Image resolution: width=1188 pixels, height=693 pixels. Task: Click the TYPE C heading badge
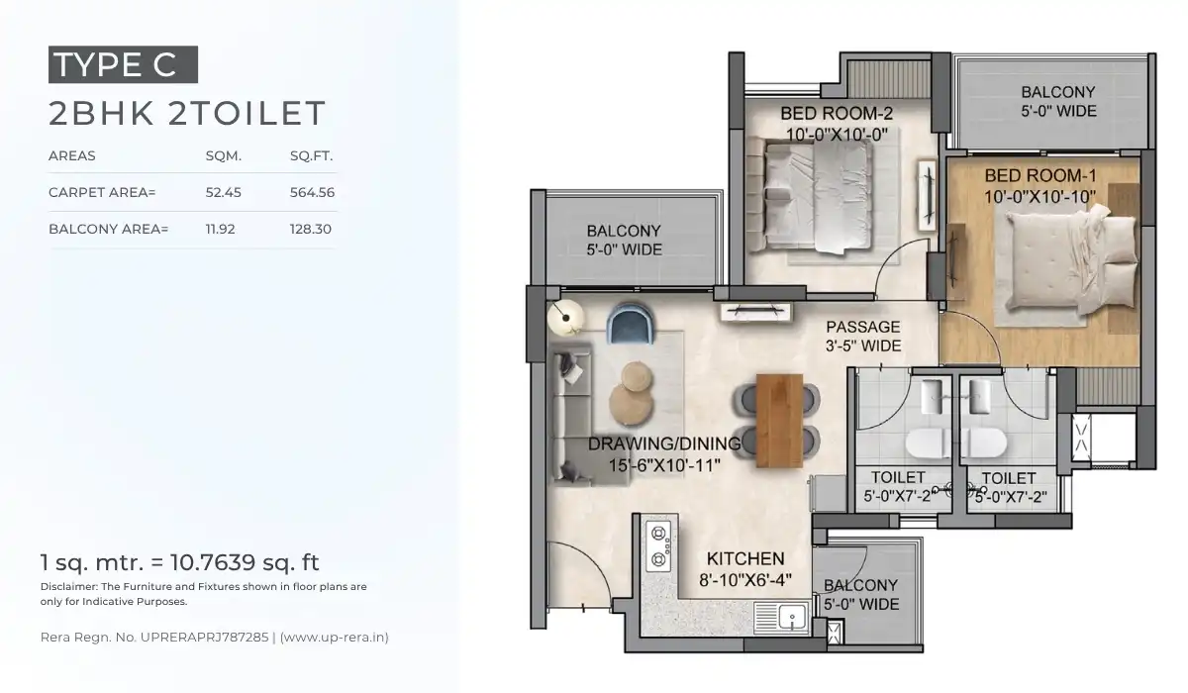(123, 64)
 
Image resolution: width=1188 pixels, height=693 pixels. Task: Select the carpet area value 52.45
(223, 192)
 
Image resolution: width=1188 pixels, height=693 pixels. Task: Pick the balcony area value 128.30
(312, 230)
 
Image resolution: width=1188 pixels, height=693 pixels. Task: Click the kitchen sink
(791, 620)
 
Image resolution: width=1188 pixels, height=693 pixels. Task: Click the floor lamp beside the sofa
(566, 316)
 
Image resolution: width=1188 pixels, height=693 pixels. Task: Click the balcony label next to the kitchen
(860, 594)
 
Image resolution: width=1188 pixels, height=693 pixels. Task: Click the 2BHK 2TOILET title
(187, 113)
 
